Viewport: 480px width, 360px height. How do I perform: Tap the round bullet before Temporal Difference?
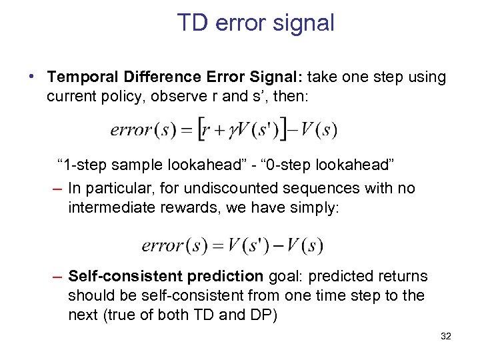33,77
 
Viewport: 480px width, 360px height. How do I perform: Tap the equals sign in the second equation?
216,245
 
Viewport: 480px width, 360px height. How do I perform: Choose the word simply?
316,207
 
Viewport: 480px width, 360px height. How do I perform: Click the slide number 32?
445,337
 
